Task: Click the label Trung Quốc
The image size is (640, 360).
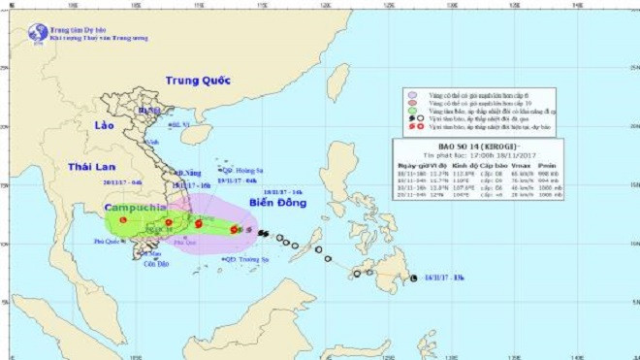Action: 200,81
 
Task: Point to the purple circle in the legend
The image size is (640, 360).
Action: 411,96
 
